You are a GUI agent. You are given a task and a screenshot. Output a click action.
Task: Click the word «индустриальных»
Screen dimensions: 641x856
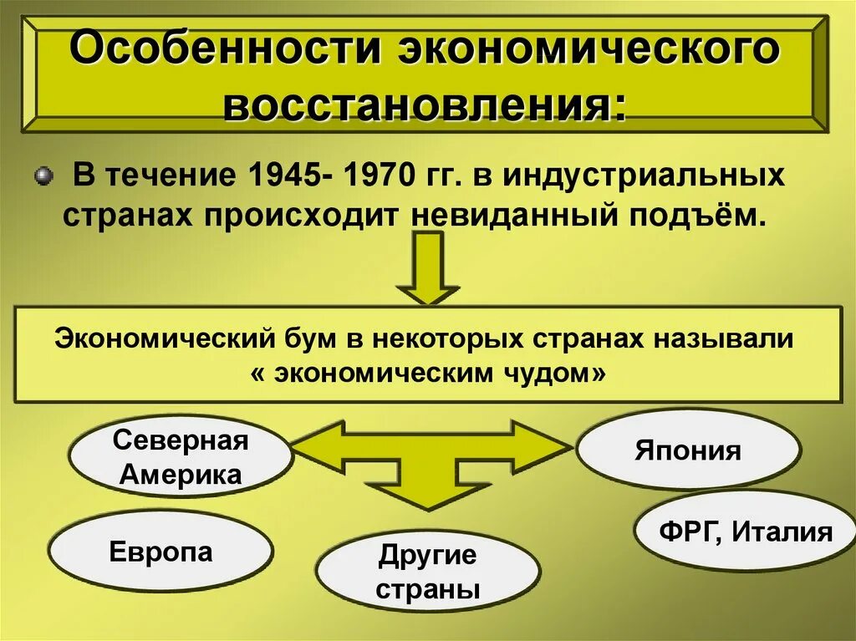(x=643, y=177)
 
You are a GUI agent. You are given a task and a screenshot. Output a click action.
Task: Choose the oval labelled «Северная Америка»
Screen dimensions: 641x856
(x=181, y=458)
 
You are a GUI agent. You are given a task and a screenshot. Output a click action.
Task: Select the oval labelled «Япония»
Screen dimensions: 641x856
(x=688, y=450)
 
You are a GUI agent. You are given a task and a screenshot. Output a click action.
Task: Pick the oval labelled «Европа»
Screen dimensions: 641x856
(x=160, y=552)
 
